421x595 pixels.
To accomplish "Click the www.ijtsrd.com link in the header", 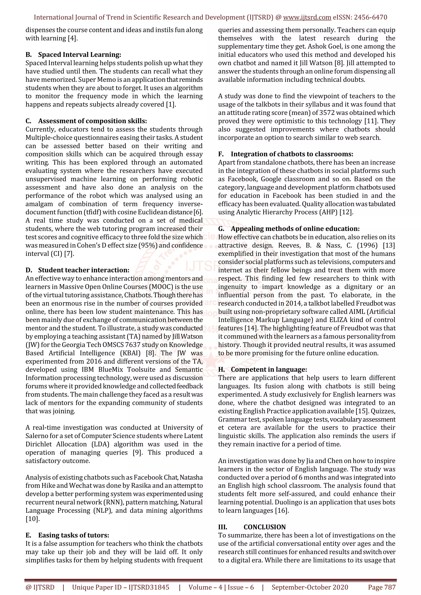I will (x=307, y=17).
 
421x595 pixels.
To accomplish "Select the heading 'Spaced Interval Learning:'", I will (x=79, y=55).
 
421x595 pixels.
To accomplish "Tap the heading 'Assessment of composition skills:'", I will (x=92, y=121).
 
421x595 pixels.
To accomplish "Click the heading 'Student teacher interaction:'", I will (x=83, y=270).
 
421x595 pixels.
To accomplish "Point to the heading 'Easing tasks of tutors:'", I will (x=74, y=535).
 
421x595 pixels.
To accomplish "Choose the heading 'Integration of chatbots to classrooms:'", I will (x=292, y=154).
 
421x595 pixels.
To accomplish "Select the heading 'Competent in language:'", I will (x=269, y=370).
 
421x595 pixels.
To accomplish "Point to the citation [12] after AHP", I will (x=346, y=212).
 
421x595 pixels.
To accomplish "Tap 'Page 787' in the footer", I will (x=382, y=587).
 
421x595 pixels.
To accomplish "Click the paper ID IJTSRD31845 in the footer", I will (x=149, y=587).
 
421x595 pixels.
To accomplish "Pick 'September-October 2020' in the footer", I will (x=310, y=587).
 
